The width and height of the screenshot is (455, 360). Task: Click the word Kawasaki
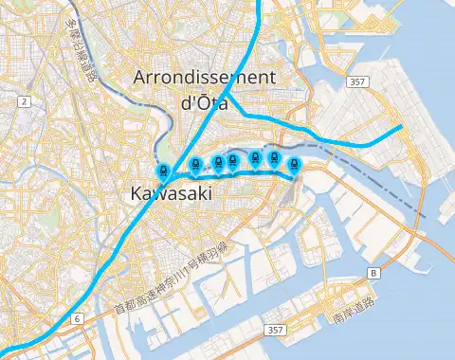166,195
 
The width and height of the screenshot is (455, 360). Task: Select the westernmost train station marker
163,172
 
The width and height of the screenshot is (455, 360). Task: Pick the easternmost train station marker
294,164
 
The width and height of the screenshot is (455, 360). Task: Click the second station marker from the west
196,164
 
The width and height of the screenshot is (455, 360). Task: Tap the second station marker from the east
274,159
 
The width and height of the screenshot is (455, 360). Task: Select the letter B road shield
373,273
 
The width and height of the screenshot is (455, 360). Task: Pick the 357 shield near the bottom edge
275,330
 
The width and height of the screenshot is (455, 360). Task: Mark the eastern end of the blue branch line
403,126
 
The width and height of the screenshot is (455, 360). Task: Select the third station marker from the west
218,162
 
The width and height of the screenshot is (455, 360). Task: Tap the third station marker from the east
256,158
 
